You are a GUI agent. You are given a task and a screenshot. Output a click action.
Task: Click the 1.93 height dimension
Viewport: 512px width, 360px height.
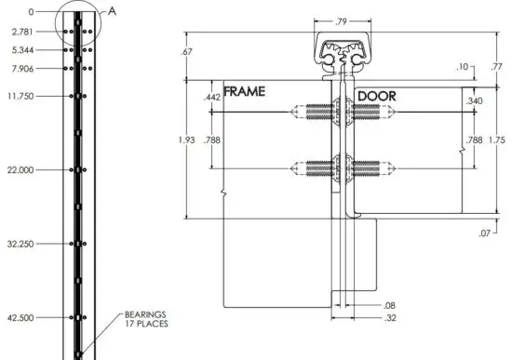click(187, 140)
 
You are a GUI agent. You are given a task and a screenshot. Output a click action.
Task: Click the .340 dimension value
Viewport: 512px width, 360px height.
click(474, 101)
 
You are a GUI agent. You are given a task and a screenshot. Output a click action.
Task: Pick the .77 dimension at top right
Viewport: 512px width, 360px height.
click(496, 67)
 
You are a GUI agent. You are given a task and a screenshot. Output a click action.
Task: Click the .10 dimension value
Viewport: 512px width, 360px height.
click(463, 67)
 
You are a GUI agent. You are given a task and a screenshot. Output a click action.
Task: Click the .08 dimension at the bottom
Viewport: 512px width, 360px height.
click(389, 305)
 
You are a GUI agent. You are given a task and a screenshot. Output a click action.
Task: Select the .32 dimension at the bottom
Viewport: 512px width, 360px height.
click(389, 318)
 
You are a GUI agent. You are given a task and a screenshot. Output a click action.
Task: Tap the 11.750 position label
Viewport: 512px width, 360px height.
click(20, 96)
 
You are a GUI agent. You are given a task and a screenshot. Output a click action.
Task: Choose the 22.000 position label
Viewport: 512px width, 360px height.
click(20, 169)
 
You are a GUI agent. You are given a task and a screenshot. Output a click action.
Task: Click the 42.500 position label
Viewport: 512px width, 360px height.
click(20, 317)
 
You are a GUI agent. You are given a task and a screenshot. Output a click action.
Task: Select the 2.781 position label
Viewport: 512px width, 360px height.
click(22, 31)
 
